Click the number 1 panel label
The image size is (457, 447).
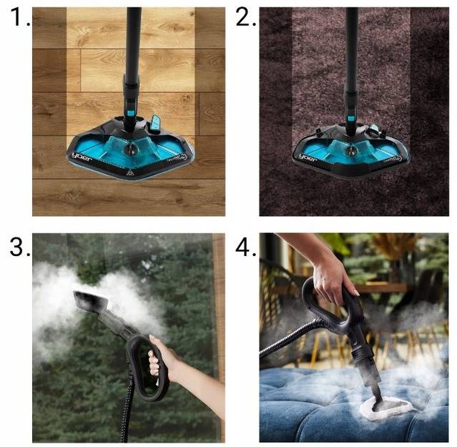tap(19, 17)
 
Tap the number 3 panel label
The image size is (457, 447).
tap(19, 247)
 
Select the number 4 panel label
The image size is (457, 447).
tap(245, 247)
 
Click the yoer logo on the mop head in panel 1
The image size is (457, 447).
tap(82, 157)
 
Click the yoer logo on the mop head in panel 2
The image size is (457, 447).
tap(308, 158)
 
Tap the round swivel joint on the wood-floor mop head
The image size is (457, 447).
tap(129, 149)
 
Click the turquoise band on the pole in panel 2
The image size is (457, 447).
tap(350, 118)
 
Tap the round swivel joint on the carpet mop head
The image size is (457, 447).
tap(350, 151)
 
